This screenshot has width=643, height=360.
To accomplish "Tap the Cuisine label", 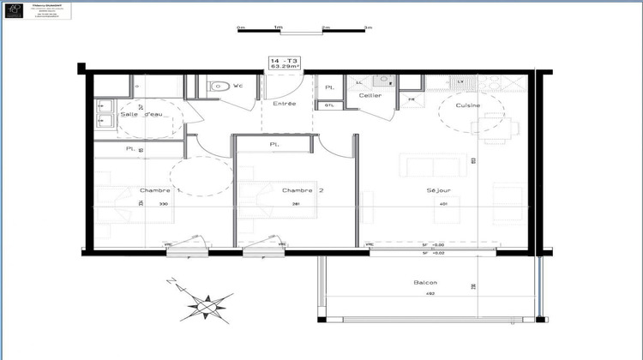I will click(467, 105).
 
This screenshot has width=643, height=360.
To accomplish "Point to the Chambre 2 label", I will click(303, 190).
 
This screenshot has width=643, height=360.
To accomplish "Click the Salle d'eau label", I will click(141, 114).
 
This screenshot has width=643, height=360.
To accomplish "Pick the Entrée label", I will click(285, 104).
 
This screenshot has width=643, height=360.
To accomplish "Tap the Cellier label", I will click(370, 95).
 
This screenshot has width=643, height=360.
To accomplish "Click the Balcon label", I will click(425, 283).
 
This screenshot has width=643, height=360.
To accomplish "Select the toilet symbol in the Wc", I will click(218, 86).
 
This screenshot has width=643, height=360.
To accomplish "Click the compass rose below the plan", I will click(208, 303).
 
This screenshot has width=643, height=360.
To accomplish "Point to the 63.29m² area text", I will click(285, 67).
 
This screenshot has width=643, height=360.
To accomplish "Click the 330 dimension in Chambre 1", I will click(163, 204).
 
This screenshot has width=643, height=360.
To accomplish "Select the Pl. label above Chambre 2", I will click(274, 144).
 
